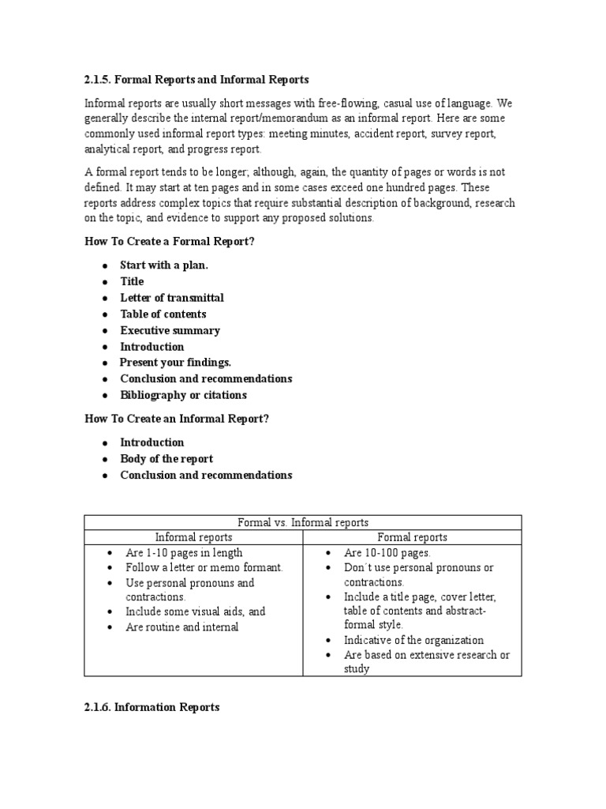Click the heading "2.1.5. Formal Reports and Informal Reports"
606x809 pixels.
coord(196,80)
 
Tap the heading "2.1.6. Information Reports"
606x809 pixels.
coord(151,707)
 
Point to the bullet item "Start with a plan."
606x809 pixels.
coord(164,265)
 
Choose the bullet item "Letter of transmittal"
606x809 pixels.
coord(171,298)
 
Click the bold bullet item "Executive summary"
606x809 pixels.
coord(170,330)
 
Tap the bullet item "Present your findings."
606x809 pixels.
coord(175,363)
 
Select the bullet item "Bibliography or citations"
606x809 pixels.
coord(183,395)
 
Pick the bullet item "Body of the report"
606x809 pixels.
coord(166,458)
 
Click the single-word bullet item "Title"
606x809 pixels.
coord(132,281)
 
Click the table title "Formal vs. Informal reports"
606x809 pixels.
coord(303,522)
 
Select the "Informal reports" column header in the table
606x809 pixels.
coord(193,537)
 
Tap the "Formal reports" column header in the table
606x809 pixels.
coord(412,537)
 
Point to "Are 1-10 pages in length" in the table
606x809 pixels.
coord(184,553)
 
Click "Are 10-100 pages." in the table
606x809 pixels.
coord(387,553)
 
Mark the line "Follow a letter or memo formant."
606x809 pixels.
coord(204,567)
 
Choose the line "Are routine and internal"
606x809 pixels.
coord(181,627)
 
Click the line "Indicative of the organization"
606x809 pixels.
coord(413,640)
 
